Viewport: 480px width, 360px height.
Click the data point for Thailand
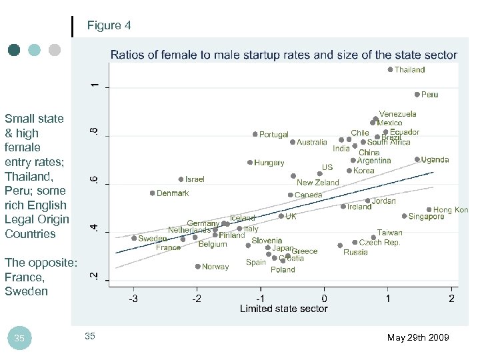coord(390,69)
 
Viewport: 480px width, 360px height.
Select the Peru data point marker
coord(417,95)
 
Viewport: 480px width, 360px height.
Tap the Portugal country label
coord(273,135)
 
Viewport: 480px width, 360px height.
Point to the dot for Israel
coord(181,179)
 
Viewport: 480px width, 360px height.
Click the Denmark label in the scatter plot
coord(173,193)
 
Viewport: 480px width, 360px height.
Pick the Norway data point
coord(197,267)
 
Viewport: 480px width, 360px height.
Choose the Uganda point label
coord(435,160)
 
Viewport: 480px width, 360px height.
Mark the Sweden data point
coord(134,238)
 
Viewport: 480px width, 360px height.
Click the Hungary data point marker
coord(250,163)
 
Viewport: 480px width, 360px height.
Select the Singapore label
coord(426,217)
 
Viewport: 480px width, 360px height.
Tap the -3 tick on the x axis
coord(133,298)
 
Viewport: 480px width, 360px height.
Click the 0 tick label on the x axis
coord(324,298)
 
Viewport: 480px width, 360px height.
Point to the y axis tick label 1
coord(95,86)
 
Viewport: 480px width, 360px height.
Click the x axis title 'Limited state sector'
coord(283,309)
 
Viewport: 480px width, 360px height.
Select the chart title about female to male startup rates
coord(283,55)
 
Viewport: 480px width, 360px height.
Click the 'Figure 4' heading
coord(109,26)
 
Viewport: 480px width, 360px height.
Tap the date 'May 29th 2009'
coord(418,338)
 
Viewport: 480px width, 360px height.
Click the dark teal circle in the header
coord(14,50)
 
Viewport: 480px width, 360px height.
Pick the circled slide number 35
coord(19,339)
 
